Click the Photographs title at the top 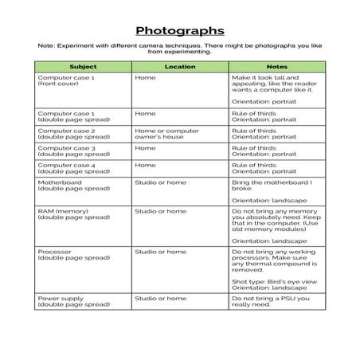point(179,31)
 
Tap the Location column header point(179,66)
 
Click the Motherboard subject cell point(63,186)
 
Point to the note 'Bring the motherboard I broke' point(272,186)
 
